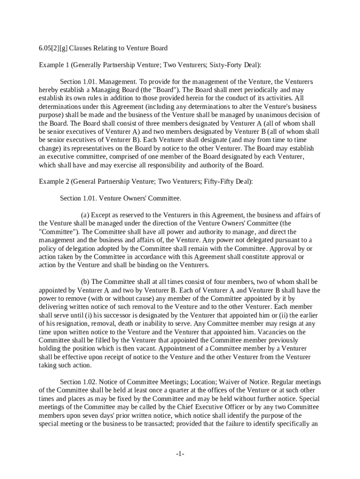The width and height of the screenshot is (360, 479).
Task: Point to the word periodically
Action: coord(266,90)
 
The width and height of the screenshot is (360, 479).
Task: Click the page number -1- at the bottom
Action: coord(180,454)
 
